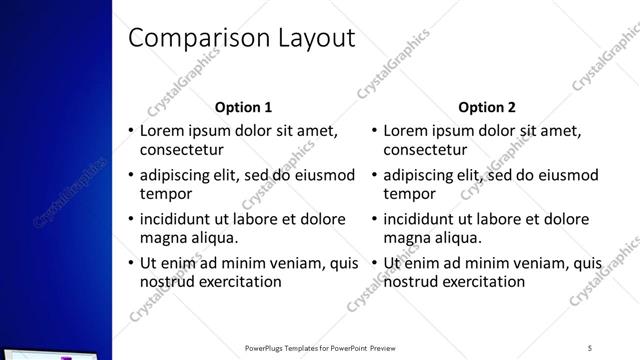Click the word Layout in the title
pos(306,38)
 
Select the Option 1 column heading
pos(244,107)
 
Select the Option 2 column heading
pos(487,107)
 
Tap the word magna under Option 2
pos(407,238)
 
